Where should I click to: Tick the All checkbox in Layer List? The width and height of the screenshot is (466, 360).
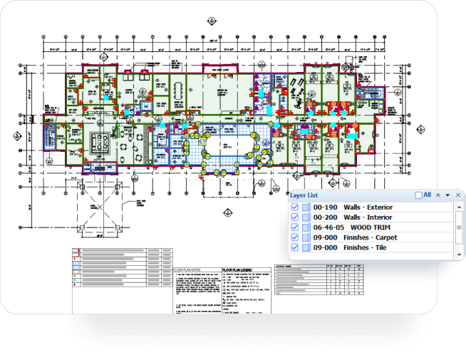(418, 195)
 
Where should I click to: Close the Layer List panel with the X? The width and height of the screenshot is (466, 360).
(458, 195)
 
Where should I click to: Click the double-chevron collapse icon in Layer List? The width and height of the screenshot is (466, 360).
(437, 195)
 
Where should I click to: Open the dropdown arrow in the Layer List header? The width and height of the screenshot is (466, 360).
(447, 195)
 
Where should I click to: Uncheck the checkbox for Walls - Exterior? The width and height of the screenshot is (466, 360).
(295, 207)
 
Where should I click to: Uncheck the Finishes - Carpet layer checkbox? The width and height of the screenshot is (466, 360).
(295, 237)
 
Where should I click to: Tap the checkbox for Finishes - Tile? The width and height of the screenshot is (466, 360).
(295, 247)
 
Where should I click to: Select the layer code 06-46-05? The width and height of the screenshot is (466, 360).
(328, 227)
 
